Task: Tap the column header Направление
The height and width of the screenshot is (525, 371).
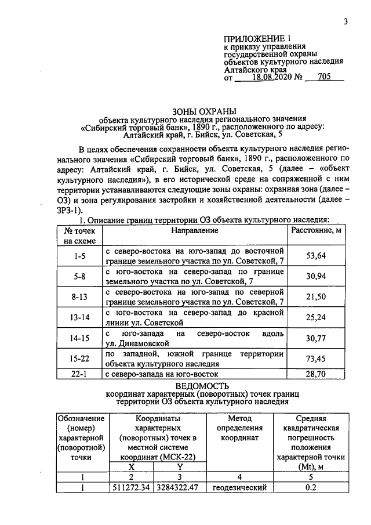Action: point(194,231)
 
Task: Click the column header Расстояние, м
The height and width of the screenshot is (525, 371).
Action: point(315,231)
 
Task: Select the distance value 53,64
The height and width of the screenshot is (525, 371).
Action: point(315,256)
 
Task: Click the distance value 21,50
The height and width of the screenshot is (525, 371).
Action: point(315,296)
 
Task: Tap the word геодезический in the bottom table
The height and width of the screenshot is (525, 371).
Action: point(239,487)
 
